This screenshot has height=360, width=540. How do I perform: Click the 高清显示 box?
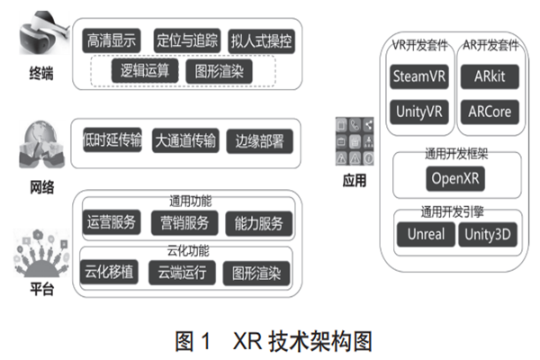click(x=112, y=40)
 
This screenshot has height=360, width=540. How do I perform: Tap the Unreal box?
click(x=425, y=236)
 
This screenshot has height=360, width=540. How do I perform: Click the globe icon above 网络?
click(x=37, y=144)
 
